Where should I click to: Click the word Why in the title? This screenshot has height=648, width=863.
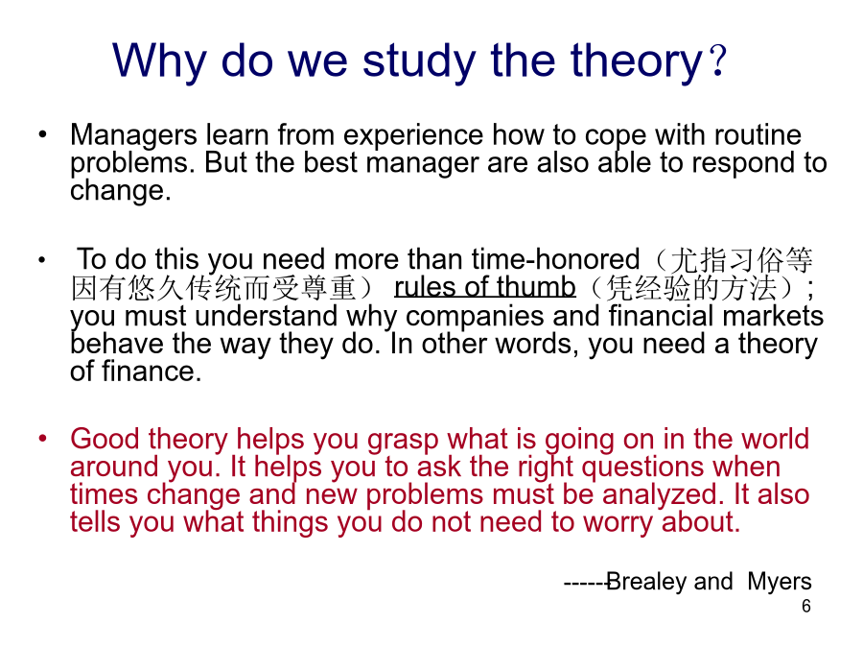pyautogui.click(x=159, y=60)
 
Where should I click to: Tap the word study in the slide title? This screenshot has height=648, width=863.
pyautogui.click(x=419, y=60)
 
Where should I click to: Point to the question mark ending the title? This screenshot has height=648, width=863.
pyautogui.click(x=718, y=60)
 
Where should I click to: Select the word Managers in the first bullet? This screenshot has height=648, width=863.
pyautogui.click(x=133, y=135)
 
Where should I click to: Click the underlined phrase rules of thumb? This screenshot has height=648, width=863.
pyautogui.click(x=485, y=287)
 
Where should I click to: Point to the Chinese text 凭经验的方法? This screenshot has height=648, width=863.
pyautogui.click(x=690, y=288)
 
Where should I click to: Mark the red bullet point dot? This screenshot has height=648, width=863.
pyautogui.click(x=43, y=439)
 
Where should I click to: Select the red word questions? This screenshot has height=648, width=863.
pyautogui.click(x=642, y=468)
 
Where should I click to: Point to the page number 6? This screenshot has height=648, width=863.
pyautogui.click(x=805, y=606)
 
